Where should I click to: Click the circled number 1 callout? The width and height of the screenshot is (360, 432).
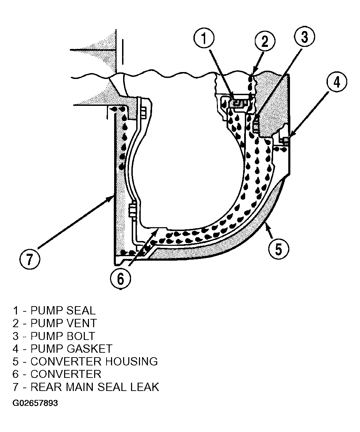click(204, 38)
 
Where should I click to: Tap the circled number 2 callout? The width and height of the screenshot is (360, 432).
click(265, 41)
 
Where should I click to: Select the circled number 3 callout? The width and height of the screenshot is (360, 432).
click(304, 37)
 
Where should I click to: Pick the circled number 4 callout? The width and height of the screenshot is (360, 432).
click(337, 82)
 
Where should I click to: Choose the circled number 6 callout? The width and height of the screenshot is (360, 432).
click(120, 279)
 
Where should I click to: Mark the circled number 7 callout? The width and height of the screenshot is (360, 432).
click(30, 259)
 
